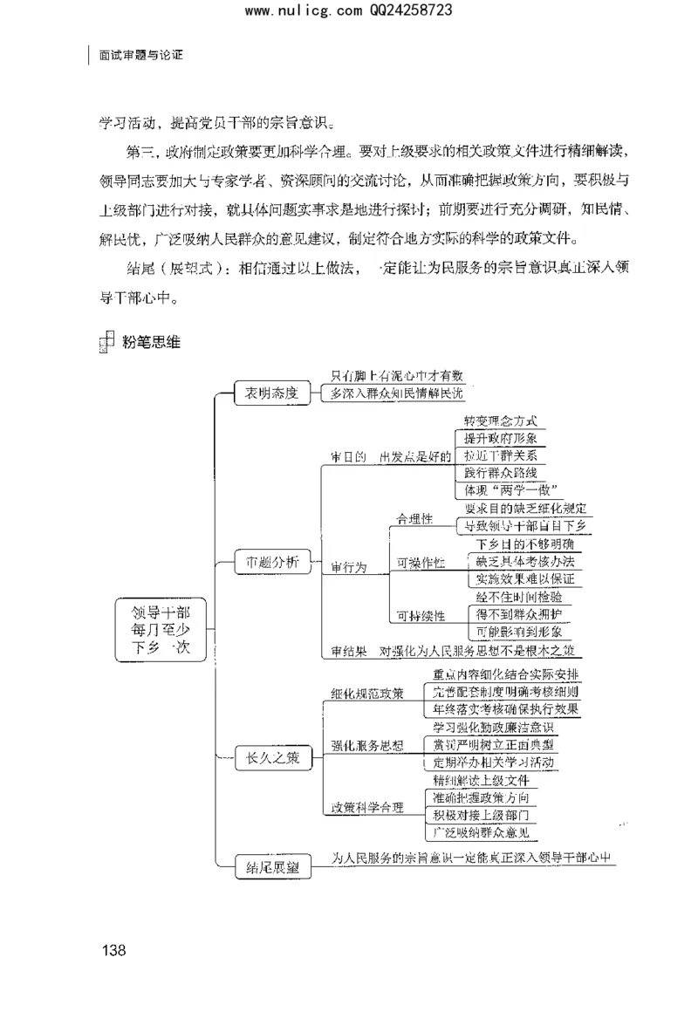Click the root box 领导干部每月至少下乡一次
pyautogui.click(x=160, y=631)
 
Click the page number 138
pyautogui.click(x=114, y=950)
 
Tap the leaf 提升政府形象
pyautogui.click(x=499, y=439)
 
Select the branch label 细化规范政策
pyautogui.click(x=367, y=694)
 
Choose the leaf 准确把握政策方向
pyautogui.click(x=480, y=797)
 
